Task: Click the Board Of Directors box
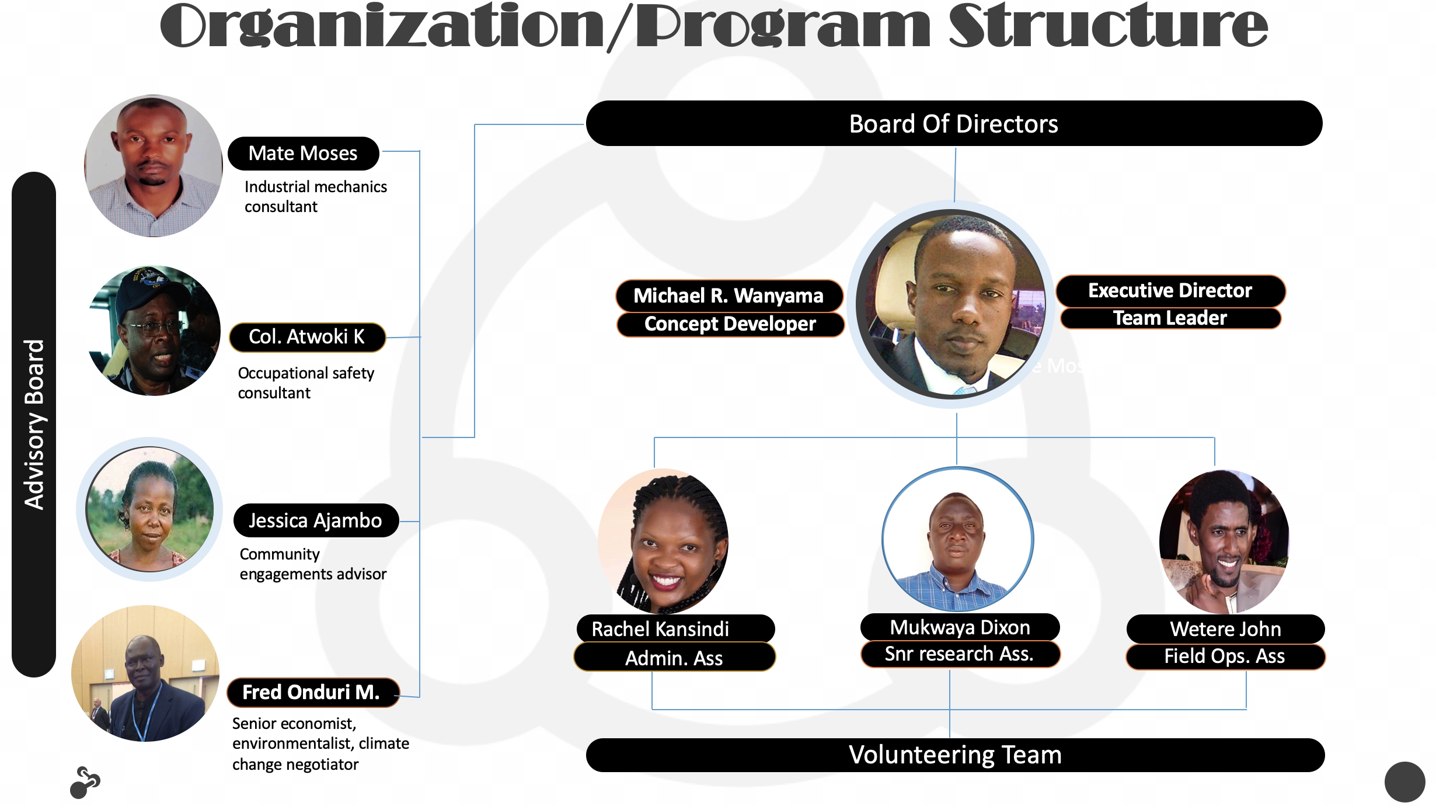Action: click(x=954, y=123)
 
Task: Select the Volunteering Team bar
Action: click(x=955, y=755)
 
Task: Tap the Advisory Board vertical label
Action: click(x=34, y=425)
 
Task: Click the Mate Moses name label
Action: click(x=303, y=154)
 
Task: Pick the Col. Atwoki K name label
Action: click(x=307, y=337)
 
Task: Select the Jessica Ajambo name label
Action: click(x=316, y=520)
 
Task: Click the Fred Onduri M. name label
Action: click(x=312, y=692)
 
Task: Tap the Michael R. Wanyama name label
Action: click(x=729, y=296)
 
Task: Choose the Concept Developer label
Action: click(x=730, y=324)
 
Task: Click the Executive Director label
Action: click(x=1170, y=291)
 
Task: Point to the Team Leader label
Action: click(x=1170, y=318)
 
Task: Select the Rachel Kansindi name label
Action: click(x=675, y=629)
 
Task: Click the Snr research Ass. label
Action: click(x=960, y=654)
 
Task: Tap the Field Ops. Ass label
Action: click(x=1225, y=656)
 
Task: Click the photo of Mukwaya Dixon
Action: click(x=957, y=540)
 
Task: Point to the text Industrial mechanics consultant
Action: click(x=316, y=197)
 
